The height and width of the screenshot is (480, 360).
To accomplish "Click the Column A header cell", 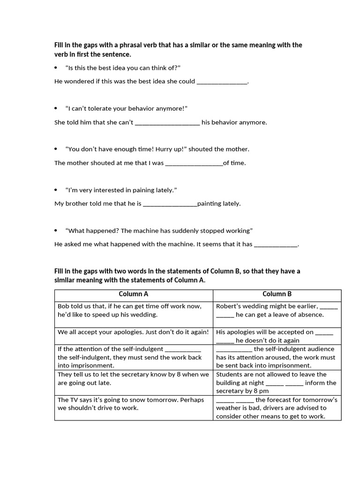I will pos(134,294).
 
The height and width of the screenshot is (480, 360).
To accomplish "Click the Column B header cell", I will pos(277,294).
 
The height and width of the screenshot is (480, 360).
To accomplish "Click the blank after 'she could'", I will pos(222,82).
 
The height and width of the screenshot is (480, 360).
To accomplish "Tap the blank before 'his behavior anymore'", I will pos(167,123).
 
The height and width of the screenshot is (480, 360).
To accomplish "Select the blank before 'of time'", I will pos(194,163).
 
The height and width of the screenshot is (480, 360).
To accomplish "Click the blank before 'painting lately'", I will pos(170,204).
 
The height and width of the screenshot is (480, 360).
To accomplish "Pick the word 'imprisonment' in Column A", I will pos(93,366).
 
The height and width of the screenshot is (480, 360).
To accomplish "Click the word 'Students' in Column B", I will pos(230,375).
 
